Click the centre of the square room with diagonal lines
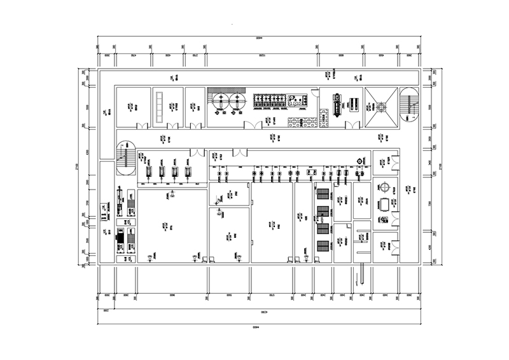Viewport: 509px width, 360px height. point(381,106)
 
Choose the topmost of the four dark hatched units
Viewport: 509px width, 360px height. point(322,193)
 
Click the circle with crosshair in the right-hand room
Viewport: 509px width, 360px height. point(384,186)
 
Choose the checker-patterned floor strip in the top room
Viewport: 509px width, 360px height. point(302,120)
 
